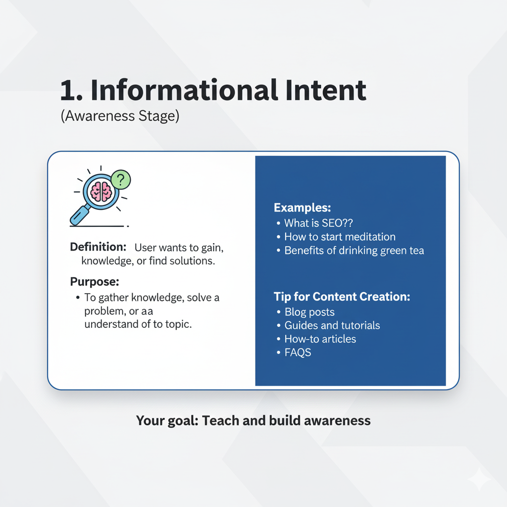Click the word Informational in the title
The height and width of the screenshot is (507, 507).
pyautogui.click(x=184, y=90)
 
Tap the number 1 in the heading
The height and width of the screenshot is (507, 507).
pyautogui.click(x=68, y=91)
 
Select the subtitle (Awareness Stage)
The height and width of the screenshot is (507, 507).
pyautogui.click(x=120, y=116)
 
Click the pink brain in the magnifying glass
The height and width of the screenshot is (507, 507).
pyautogui.click(x=101, y=191)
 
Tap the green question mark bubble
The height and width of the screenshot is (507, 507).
pyautogui.click(x=121, y=180)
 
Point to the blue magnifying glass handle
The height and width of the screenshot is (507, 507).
pyautogui.click(x=80, y=215)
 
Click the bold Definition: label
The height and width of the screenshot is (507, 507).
pyautogui.click(x=98, y=247)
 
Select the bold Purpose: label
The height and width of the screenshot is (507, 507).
pyautogui.click(x=95, y=282)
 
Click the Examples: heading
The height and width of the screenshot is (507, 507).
pyautogui.click(x=303, y=207)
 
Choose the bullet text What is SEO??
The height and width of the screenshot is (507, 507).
pyautogui.click(x=318, y=223)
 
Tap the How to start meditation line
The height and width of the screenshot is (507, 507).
pyautogui.click(x=340, y=237)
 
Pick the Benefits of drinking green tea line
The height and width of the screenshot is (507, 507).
pyautogui.click(x=354, y=251)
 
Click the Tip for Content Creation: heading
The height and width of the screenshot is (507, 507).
pyautogui.click(x=342, y=297)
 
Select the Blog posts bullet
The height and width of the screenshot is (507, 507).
pyautogui.click(x=309, y=312)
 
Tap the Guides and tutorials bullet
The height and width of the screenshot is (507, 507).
pyautogui.click(x=332, y=325)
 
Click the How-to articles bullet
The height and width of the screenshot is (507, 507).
pyautogui.click(x=320, y=339)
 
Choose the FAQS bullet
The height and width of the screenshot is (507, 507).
pyautogui.click(x=298, y=352)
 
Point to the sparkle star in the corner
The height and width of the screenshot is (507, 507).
pyautogui.click(x=479, y=479)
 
